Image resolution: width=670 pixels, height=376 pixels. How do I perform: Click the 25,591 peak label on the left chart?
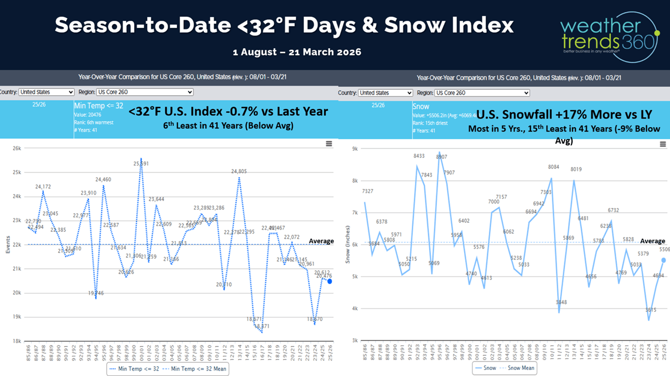coord(141,163)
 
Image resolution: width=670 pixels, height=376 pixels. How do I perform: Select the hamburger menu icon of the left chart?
coord(329,144)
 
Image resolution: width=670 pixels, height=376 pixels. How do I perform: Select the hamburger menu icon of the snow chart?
coord(662,144)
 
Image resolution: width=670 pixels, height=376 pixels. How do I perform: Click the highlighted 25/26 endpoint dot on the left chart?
coord(330,281)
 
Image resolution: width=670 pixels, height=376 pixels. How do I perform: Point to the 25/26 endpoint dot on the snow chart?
coord(663,260)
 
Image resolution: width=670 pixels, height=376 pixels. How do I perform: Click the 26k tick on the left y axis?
coord(16,148)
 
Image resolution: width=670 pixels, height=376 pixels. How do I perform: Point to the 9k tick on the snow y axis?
coord(354,149)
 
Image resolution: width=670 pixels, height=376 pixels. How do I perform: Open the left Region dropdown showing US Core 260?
coord(145,92)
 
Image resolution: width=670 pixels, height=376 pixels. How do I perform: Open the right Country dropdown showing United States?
coord(385,93)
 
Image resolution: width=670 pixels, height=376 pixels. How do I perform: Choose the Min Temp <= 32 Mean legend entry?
coord(199,369)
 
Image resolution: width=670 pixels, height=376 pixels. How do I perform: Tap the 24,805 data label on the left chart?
coord(239,172)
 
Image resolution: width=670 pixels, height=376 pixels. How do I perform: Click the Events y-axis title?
coord(8,245)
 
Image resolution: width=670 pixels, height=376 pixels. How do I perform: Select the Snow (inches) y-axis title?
coord(347,244)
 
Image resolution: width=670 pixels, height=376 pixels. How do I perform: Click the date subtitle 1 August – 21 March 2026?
coord(297,52)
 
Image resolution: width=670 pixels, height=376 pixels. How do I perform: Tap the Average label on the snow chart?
coord(652,241)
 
